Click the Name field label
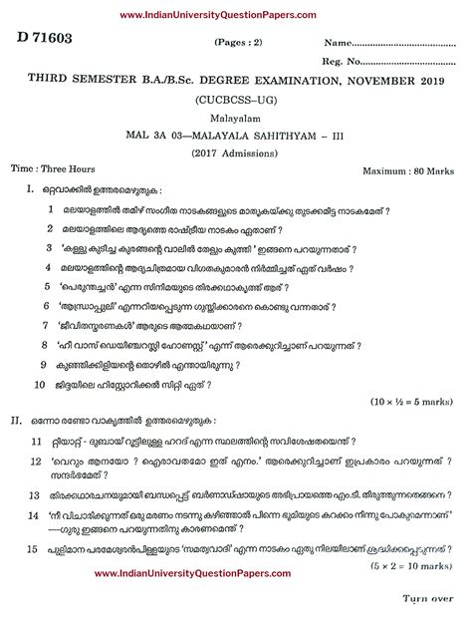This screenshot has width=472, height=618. point(339,44)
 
